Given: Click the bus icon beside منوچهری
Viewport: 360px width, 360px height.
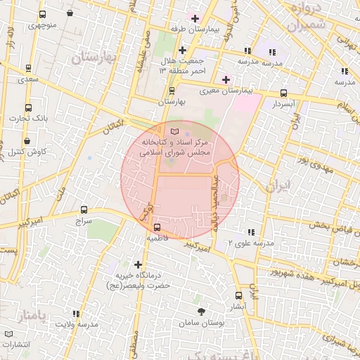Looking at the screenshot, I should click(x=43, y=15).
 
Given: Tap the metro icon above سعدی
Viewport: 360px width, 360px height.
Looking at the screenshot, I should click(x=28, y=68).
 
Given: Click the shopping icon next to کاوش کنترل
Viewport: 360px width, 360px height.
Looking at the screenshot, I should click(x=15, y=151).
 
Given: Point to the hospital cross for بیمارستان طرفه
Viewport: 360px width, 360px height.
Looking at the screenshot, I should click(x=195, y=18).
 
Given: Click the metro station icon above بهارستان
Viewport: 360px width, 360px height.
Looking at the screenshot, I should click(x=172, y=91).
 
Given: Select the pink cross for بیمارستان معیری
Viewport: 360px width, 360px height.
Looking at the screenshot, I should click(x=225, y=79).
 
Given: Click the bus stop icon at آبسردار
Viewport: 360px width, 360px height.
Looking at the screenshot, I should click(x=283, y=93).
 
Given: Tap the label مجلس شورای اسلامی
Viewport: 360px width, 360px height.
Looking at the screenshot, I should click(x=172, y=151).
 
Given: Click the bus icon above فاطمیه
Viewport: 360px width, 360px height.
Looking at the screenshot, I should click(x=157, y=227).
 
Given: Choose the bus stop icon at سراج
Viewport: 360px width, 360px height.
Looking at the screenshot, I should click(x=84, y=210).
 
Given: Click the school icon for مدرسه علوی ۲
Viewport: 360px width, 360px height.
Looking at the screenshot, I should click(x=250, y=232).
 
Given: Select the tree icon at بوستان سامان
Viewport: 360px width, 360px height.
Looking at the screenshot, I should click(x=202, y=311).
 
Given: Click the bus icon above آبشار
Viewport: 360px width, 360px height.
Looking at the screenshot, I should click(x=238, y=296).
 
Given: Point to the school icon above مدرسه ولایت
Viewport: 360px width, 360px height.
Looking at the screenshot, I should click(x=76, y=314).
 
